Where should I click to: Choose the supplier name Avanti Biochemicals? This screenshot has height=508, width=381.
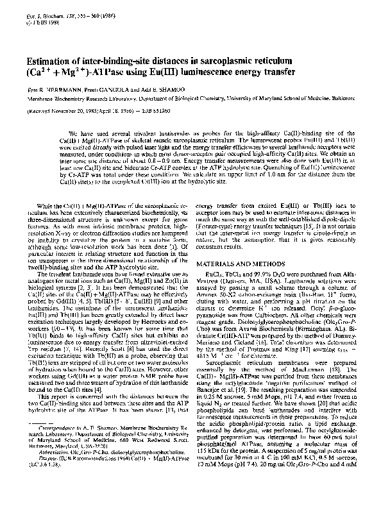tap(269, 306)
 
